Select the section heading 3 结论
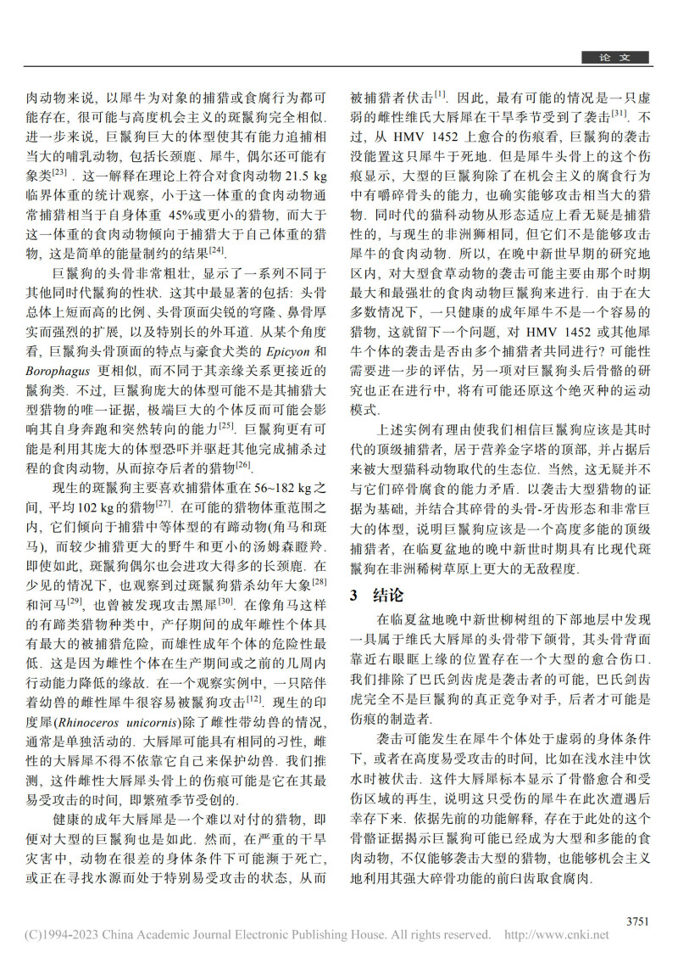click(372, 595)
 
